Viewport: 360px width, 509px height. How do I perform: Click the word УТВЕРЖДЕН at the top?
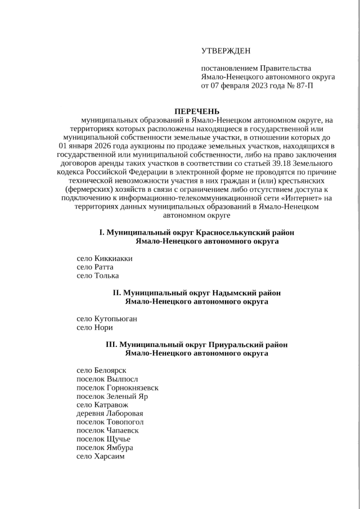(x=226, y=51)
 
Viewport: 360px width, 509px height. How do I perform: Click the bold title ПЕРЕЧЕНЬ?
(x=196, y=111)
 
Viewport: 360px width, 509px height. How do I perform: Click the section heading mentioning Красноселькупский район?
(x=196, y=232)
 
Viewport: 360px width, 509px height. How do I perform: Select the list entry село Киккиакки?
(x=104, y=259)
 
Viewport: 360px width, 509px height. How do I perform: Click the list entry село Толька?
(x=97, y=276)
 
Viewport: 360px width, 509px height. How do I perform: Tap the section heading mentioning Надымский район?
(x=196, y=293)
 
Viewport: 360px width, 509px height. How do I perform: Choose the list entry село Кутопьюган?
(x=106, y=319)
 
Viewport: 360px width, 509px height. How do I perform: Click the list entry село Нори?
(x=94, y=327)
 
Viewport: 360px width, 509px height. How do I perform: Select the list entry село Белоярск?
(x=101, y=371)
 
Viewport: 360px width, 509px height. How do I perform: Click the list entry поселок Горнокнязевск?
(x=117, y=388)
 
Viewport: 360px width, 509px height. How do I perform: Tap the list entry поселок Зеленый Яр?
(x=112, y=396)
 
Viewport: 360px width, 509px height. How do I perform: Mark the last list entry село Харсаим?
(x=100, y=456)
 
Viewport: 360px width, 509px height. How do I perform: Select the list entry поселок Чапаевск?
(x=107, y=430)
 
